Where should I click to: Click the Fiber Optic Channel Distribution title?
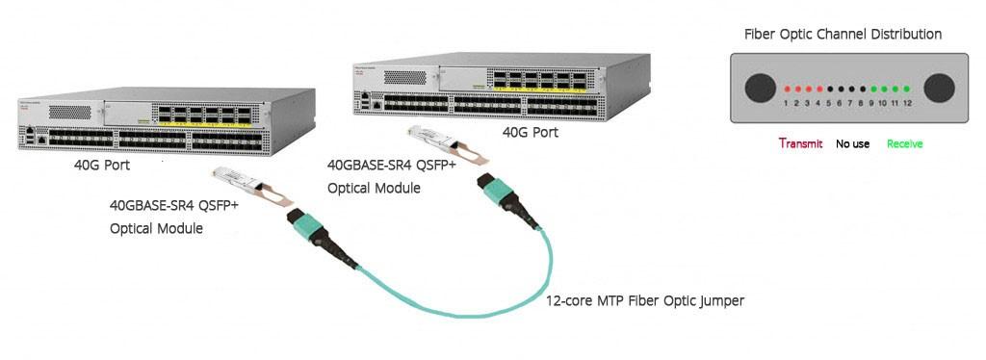843,35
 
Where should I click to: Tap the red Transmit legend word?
800,143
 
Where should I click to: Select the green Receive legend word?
904,143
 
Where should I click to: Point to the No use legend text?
852,143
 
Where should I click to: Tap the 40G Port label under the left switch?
102,166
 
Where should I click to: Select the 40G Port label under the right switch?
531,131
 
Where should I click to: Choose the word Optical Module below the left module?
156,228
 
